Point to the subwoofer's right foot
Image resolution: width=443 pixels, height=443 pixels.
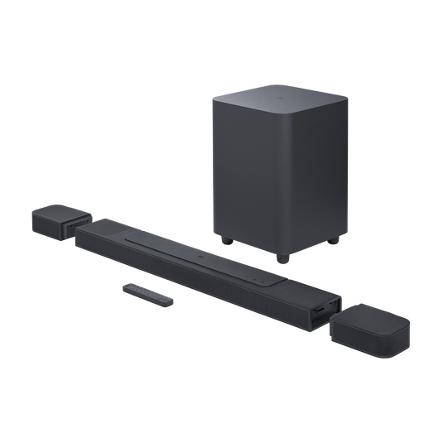coord(334,242)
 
